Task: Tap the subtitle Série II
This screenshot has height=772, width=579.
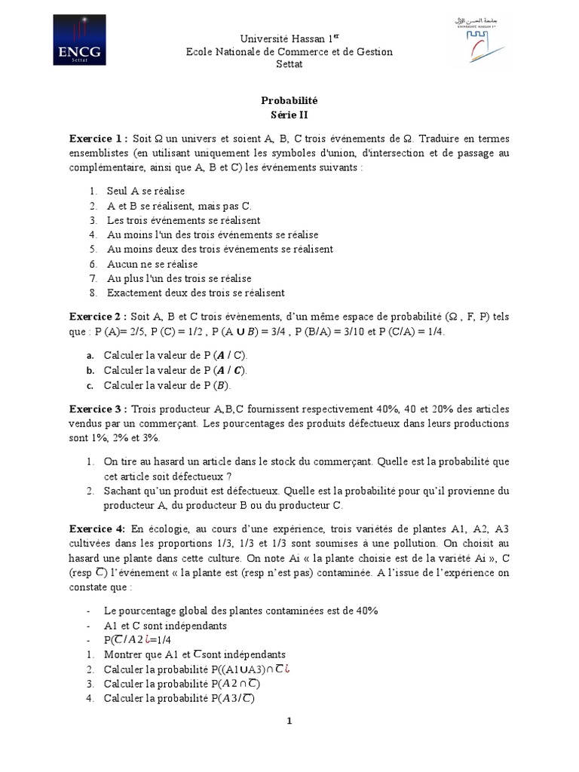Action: pyautogui.click(x=289, y=115)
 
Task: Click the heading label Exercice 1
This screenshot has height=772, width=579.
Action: pyautogui.click(x=98, y=139)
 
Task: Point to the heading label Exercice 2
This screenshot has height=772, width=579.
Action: pyautogui.click(x=98, y=317)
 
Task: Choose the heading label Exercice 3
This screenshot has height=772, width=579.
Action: pyautogui.click(x=98, y=409)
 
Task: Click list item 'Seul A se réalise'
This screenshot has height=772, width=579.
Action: pyautogui.click(x=146, y=191)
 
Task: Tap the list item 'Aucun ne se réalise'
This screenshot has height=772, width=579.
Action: pyautogui.click(x=152, y=264)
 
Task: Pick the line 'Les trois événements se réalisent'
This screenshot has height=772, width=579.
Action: pyautogui.click(x=183, y=220)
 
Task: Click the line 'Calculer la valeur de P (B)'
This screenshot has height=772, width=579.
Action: pyautogui.click(x=166, y=386)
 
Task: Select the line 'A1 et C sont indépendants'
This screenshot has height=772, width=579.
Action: pyautogui.click(x=165, y=625)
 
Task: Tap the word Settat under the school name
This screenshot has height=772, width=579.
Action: pyautogui.click(x=289, y=63)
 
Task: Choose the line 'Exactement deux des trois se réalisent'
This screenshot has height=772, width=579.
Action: pyautogui.click(x=195, y=293)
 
